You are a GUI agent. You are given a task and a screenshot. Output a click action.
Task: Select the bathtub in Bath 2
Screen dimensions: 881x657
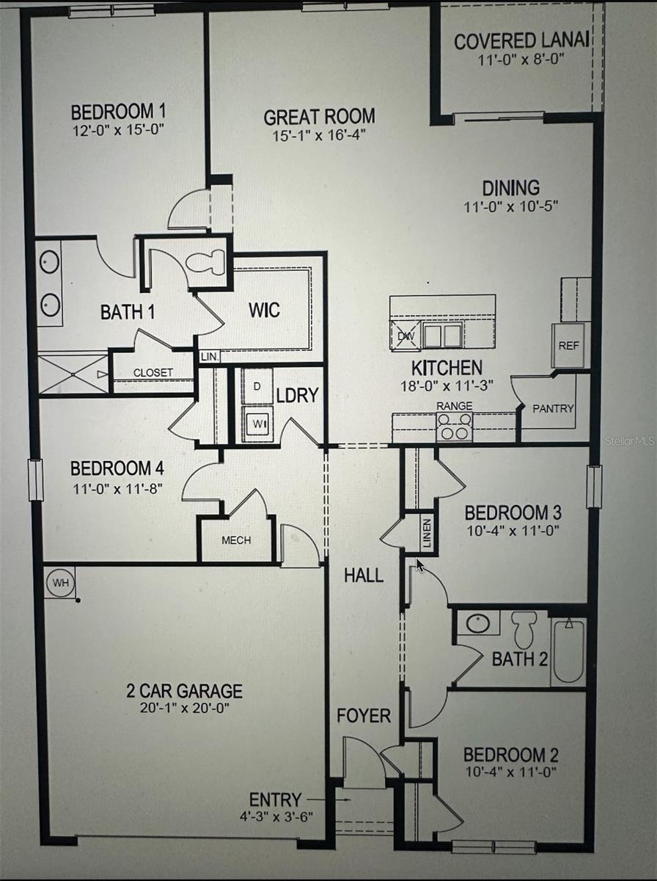coord(568,650)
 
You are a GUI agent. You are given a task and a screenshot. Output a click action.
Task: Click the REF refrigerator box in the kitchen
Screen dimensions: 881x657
coord(568,344)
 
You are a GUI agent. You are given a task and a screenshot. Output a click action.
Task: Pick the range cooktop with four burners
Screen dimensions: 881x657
coord(454,427)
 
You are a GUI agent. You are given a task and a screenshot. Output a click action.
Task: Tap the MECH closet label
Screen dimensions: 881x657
coord(236,540)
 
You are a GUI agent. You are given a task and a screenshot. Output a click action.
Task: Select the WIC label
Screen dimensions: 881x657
coord(264,310)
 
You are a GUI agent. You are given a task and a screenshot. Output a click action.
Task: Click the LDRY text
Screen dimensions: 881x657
coord(297,395)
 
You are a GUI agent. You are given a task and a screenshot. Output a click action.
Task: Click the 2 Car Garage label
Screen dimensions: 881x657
coord(183,691)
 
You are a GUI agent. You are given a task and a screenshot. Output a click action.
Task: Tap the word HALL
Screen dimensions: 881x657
coord(364,576)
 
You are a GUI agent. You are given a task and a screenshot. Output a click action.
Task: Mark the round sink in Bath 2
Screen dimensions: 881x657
coord(478,623)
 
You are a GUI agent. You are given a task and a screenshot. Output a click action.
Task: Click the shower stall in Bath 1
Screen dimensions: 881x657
coord(73,374)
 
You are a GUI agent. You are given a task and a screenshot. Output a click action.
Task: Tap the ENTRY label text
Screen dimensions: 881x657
coord(275,800)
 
